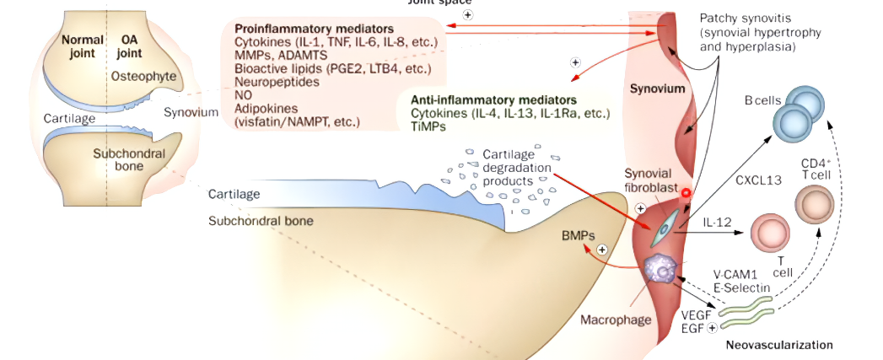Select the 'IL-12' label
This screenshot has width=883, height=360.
(717, 223)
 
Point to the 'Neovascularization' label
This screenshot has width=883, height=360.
(779, 345)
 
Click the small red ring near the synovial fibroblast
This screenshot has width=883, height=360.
(686, 193)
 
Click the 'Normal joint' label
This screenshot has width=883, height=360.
(82, 46)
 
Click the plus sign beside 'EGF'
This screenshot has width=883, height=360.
(712, 326)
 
